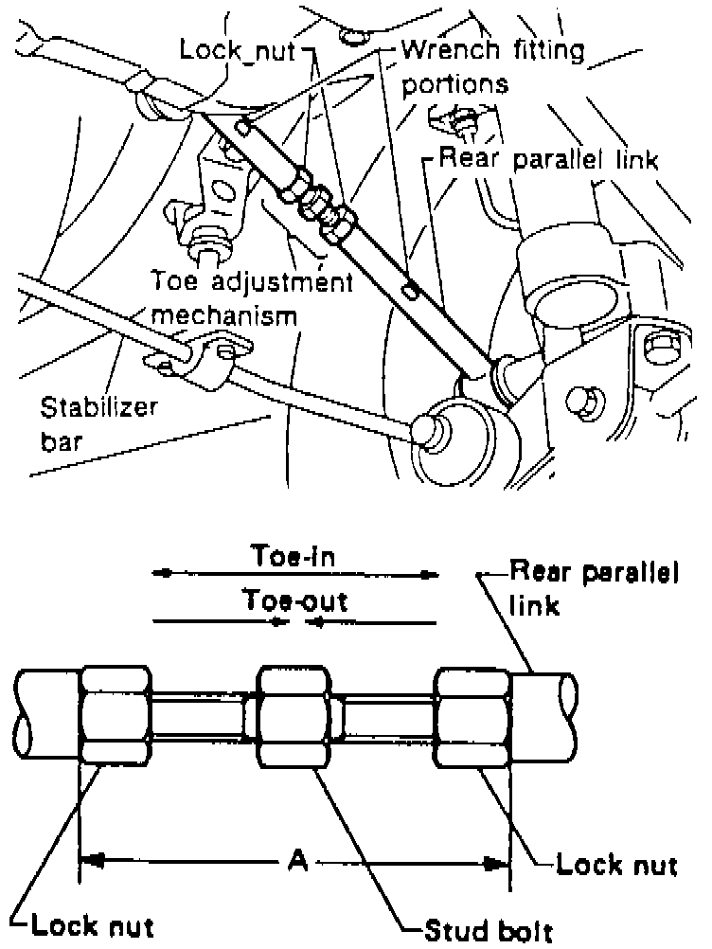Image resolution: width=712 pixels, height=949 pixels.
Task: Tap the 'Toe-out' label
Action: (294, 600)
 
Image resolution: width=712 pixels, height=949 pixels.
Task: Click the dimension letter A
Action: (296, 860)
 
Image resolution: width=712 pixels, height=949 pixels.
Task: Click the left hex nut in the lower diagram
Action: (115, 712)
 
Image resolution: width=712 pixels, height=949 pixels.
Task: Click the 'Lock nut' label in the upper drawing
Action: (249, 48)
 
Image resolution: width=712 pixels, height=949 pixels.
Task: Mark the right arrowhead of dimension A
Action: (494, 863)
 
